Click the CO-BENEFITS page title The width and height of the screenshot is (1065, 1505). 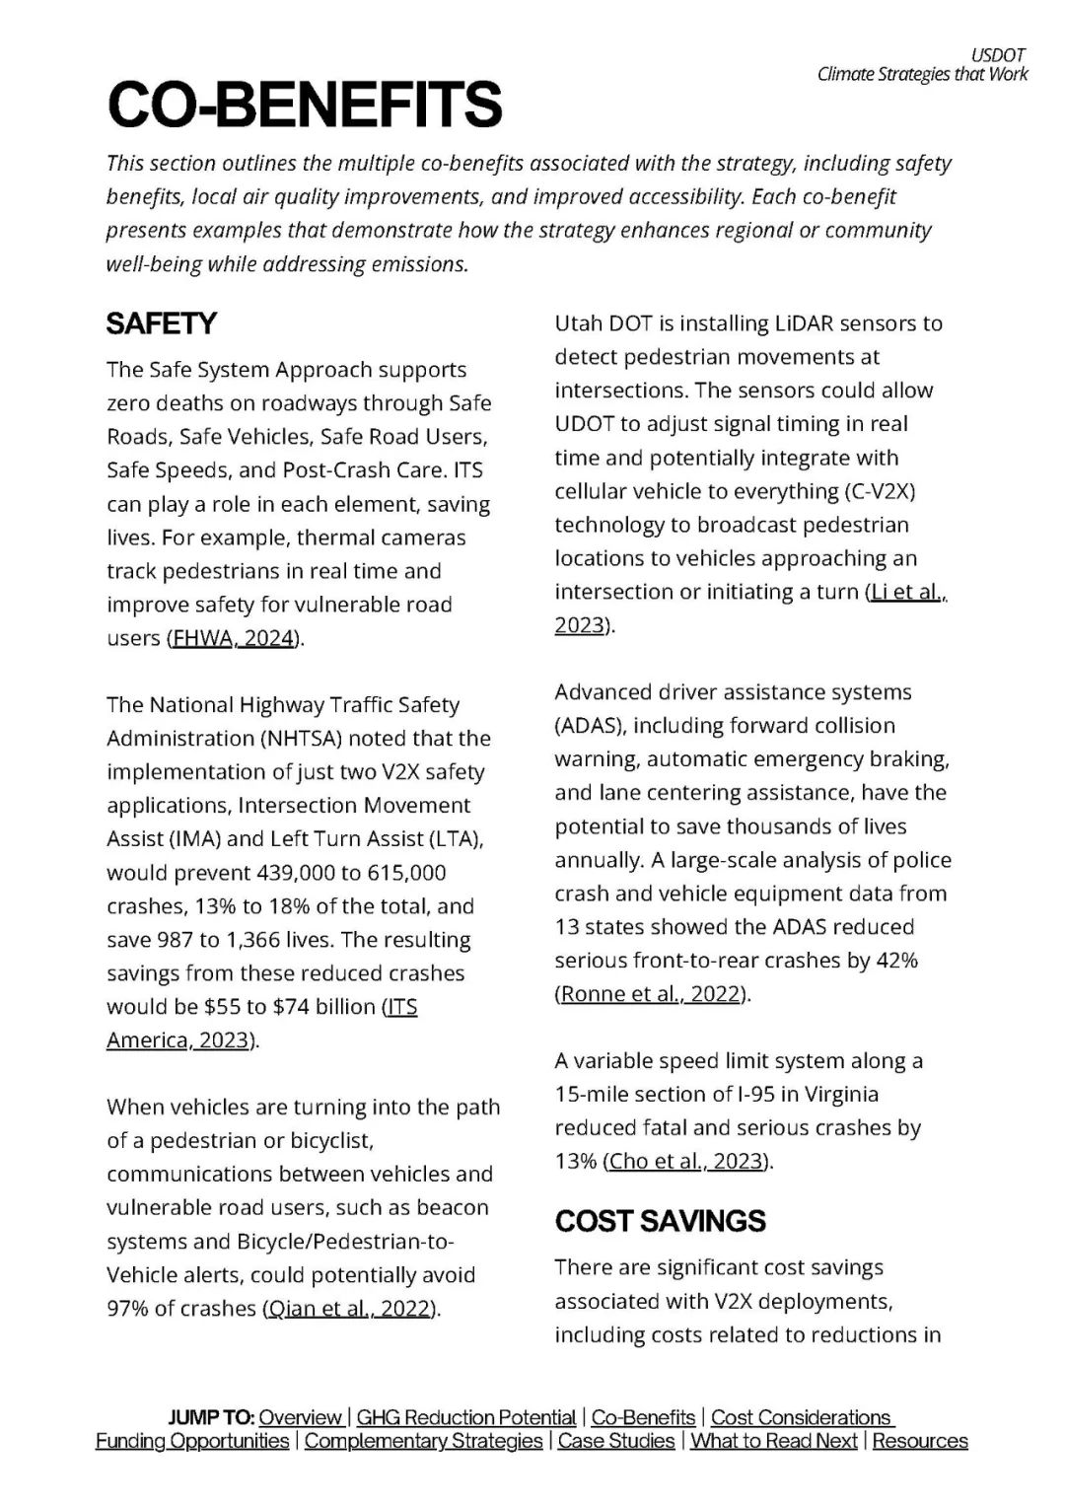tap(305, 105)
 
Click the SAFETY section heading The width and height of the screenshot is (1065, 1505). tap(161, 323)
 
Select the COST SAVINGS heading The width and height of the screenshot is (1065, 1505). tap(660, 1221)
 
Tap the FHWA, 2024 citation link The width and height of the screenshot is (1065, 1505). tap(234, 638)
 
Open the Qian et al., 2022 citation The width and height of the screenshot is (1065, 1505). tap(349, 1309)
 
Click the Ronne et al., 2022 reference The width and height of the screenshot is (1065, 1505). tap(650, 994)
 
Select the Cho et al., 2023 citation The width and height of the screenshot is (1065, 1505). tap(686, 1162)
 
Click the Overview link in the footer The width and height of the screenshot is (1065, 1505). tap(300, 1417)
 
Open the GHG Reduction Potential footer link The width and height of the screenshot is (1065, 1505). tap(465, 1417)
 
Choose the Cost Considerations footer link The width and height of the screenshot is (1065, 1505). tap(801, 1417)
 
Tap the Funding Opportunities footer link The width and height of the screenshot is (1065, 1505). tap(192, 1441)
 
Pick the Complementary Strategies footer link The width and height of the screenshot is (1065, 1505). tap(423, 1441)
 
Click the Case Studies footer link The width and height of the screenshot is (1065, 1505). tap(616, 1441)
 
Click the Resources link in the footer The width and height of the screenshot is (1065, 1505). tap(920, 1441)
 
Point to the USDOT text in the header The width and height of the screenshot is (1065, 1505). tap(999, 55)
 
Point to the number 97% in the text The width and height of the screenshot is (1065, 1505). tap(128, 1309)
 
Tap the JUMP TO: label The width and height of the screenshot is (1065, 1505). tap(211, 1417)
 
